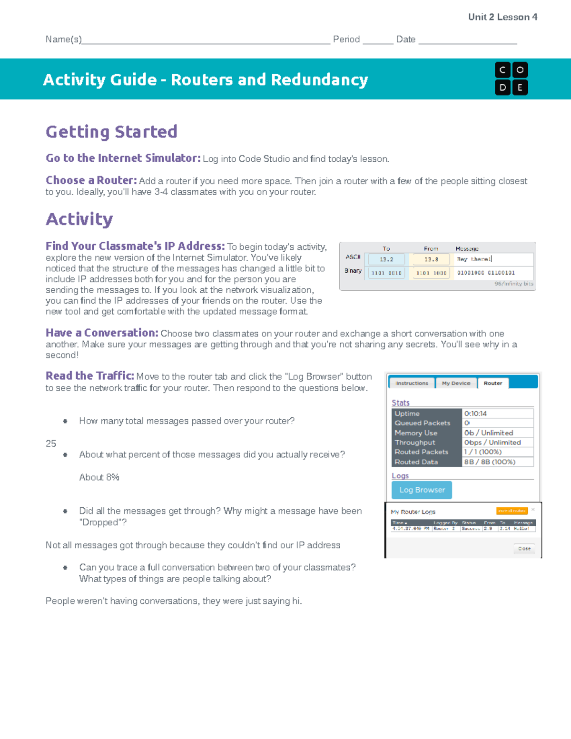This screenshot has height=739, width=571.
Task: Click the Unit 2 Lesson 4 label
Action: tap(502, 17)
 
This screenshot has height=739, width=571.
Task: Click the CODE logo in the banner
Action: tap(511, 79)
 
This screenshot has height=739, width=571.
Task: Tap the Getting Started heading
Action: tap(111, 132)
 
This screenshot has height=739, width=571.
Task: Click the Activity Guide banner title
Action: tap(206, 79)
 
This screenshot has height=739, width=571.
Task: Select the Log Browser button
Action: tap(422, 490)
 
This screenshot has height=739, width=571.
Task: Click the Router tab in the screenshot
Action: tap(493, 383)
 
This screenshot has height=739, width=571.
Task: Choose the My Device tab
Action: tap(456, 383)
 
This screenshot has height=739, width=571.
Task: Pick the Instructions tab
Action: tap(412, 383)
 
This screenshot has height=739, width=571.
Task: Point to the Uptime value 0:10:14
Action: tap(476, 414)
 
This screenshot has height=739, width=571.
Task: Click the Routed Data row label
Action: tap(416, 462)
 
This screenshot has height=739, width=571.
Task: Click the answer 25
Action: tap(51, 443)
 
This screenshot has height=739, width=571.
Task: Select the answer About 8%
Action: tap(99, 477)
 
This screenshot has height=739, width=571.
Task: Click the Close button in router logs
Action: tap(524, 549)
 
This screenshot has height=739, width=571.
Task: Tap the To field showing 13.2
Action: tap(386, 259)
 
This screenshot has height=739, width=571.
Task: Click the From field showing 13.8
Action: tap(431, 259)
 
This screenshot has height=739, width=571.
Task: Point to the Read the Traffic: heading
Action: tap(89, 376)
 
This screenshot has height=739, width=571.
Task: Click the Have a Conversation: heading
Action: tap(102, 333)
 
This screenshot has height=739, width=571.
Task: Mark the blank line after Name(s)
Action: tap(206, 40)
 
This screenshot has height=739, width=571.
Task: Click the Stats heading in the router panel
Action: tap(400, 403)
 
